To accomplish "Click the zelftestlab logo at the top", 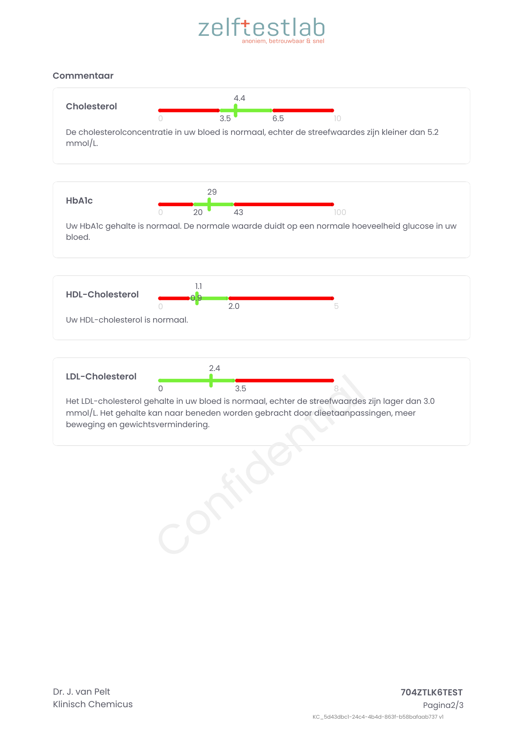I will tap(261, 28).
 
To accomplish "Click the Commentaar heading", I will tap(83, 76).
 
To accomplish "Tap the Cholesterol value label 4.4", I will tap(239, 98).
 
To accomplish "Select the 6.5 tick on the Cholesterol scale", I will tap(278, 119).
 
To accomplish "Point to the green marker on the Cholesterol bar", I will tap(236, 110).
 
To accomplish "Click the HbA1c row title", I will tap(79, 201).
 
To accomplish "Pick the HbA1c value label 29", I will tap(212, 192).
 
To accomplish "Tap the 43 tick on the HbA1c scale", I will tap(239, 212).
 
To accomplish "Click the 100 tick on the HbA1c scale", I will tap(340, 212).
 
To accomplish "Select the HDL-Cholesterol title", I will tap(102, 294).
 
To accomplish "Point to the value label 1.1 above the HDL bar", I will tap(199, 286).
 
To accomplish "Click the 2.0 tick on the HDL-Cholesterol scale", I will tap(234, 306).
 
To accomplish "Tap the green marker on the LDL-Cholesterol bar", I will tap(211, 381).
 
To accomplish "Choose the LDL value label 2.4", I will tap(215, 368).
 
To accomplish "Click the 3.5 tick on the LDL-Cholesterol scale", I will tap(240, 389).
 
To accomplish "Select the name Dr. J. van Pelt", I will tap(81, 692).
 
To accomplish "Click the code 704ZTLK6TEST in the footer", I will tap(431, 692).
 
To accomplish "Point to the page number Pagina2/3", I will tap(443, 705).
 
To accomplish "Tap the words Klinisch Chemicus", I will tap(92, 704).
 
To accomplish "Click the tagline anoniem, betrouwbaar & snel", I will tap(283, 41).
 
